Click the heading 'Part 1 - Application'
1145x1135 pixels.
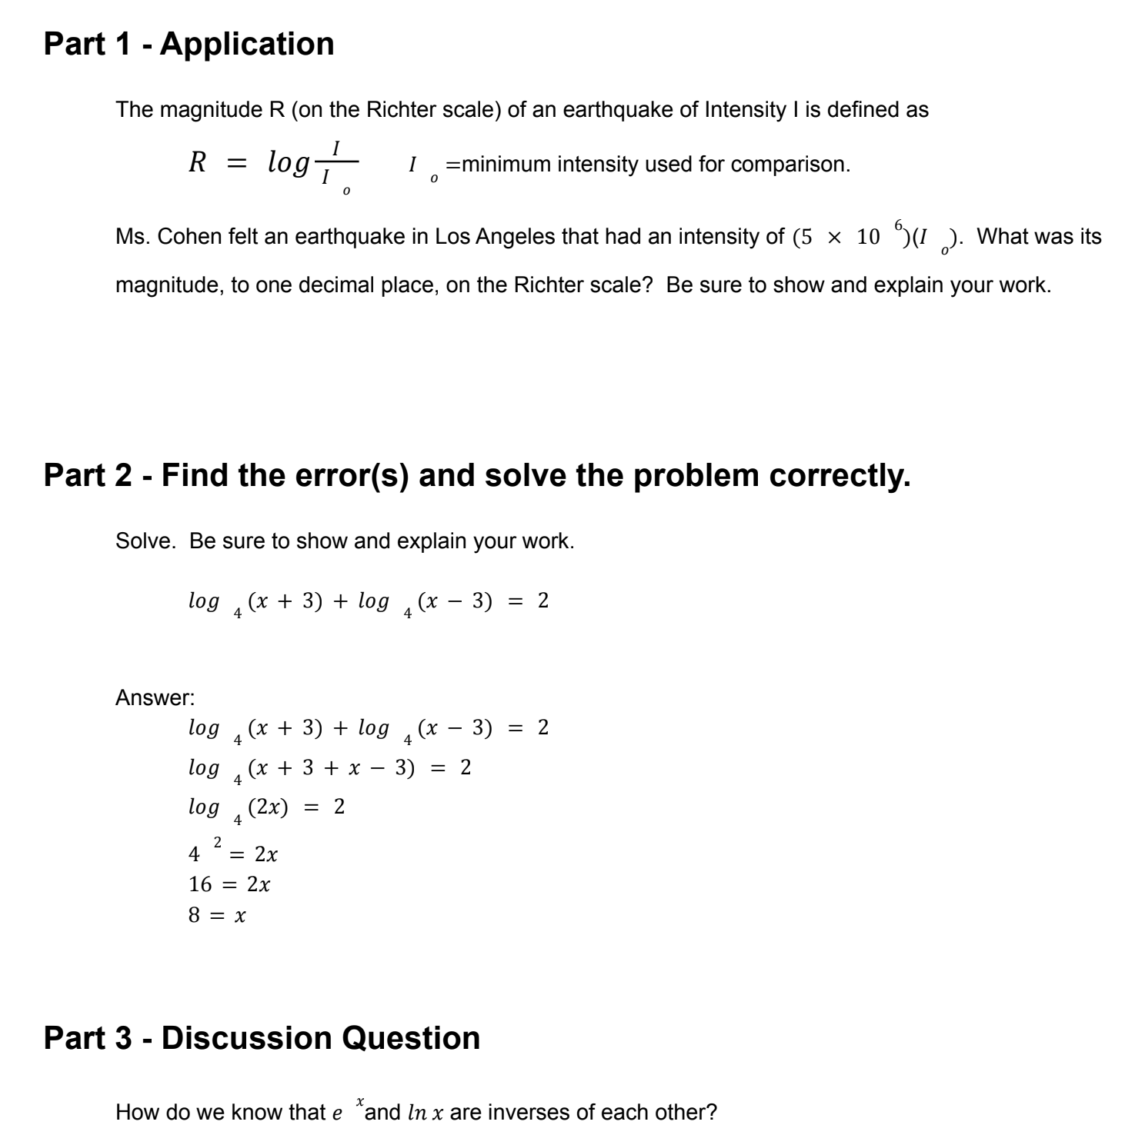189,44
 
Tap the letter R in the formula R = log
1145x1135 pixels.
198,162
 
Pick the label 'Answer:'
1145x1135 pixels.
155,698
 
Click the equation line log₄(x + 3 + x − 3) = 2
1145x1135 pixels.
329,768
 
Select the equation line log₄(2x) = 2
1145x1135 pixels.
266,808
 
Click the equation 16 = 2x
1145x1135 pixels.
229,885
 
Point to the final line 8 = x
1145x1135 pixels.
217,916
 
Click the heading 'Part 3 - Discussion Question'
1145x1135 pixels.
262,1038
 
